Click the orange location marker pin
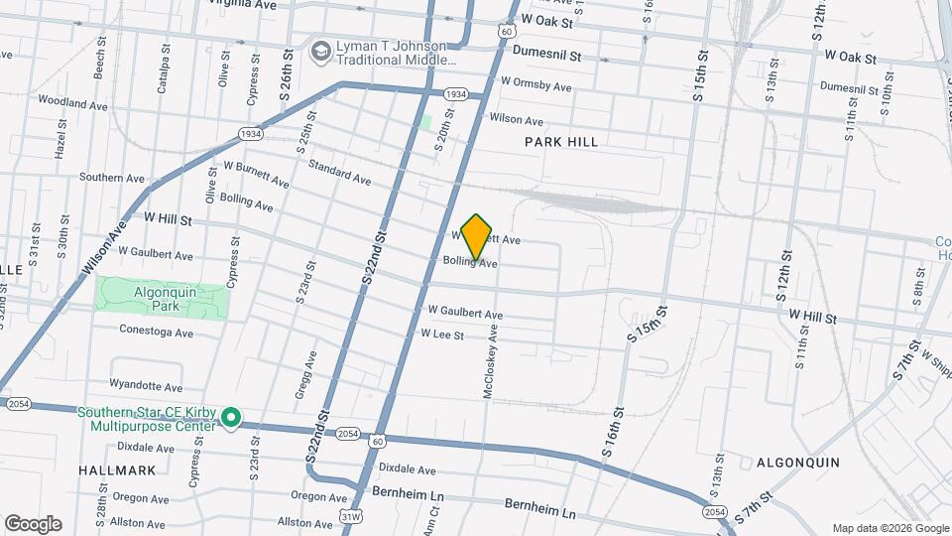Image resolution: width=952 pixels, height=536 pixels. point(477,236)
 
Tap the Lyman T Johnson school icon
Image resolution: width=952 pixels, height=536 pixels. point(320,51)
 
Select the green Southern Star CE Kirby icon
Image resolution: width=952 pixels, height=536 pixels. point(231,419)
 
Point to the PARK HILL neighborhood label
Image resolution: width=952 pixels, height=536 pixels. point(561,142)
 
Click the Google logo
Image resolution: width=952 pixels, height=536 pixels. point(33,524)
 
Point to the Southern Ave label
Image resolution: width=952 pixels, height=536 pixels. point(112,178)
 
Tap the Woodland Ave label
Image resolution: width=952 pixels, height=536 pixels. point(71,101)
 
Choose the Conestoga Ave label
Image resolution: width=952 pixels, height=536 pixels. point(156,332)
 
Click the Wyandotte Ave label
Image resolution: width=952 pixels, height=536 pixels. point(146,385)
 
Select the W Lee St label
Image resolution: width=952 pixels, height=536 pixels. point(441,335)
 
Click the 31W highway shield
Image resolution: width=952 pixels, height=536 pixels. point(351,516)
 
